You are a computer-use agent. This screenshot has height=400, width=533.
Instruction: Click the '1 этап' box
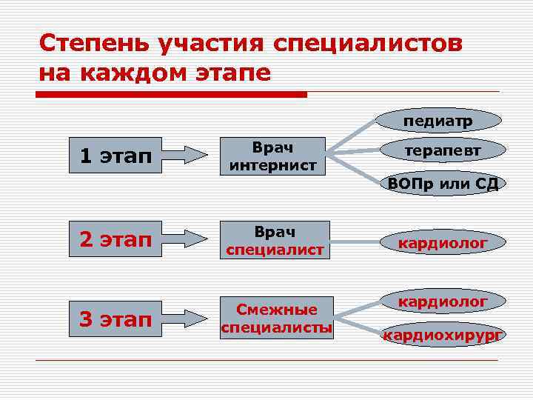pos(115,155)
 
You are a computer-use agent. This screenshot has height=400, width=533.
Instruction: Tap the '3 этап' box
pos(115,319)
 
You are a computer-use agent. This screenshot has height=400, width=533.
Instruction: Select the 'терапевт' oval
pos(443,150)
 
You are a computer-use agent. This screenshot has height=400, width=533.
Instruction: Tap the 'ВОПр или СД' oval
pos(443,183)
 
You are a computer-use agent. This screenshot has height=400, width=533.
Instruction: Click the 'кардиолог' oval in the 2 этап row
pos(443,241)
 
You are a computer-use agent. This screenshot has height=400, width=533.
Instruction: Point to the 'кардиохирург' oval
pos(443,335)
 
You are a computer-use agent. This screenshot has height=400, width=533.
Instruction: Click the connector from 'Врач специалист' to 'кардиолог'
pos(354,240)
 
